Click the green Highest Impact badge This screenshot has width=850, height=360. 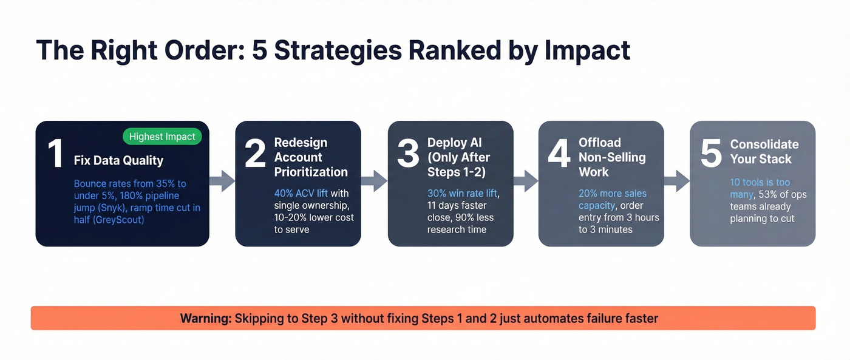162,137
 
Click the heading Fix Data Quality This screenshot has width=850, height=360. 118,161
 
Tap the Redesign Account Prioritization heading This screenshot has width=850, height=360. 311,157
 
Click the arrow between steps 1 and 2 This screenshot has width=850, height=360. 222,180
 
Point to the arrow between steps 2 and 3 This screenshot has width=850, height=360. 375,180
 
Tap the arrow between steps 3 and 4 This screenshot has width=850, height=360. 526,180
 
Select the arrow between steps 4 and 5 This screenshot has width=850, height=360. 677,180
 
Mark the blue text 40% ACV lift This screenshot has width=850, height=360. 301,194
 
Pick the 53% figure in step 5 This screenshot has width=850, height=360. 770,195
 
